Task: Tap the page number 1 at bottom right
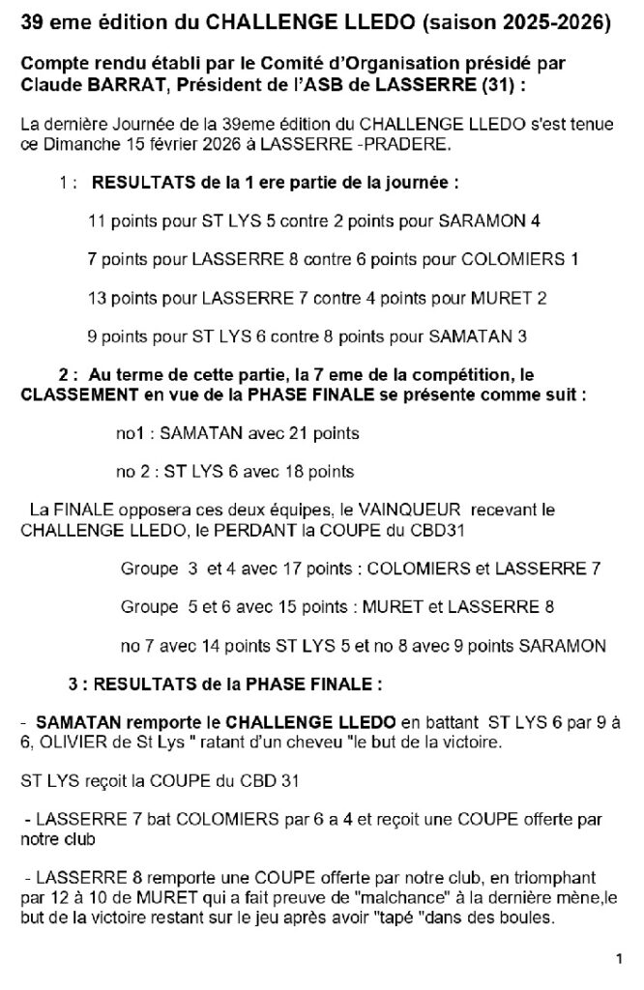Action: [x=617, y=959]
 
